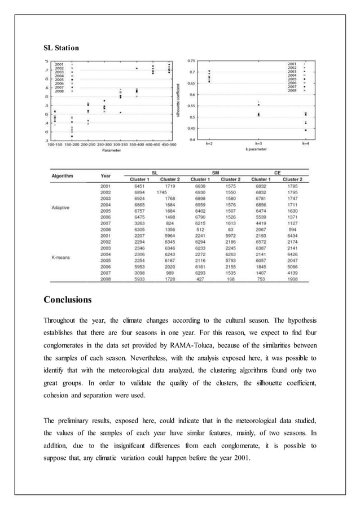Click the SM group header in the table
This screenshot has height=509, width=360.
tap(215, 172)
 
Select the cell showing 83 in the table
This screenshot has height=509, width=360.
tap(231, 230)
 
